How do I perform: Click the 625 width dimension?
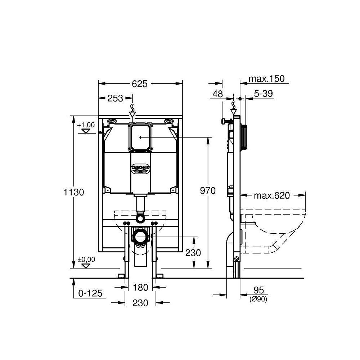140,84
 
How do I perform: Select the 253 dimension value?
115,98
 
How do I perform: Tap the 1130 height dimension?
74,192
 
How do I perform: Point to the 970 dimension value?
208,190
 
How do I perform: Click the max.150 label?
268,79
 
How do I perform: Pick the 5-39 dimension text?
264,94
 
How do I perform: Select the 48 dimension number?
218,94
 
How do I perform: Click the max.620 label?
272,195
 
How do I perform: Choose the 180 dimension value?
140,287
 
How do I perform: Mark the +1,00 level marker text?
86,125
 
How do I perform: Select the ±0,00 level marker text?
86,259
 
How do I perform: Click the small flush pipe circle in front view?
140,218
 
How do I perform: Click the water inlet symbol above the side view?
234,107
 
